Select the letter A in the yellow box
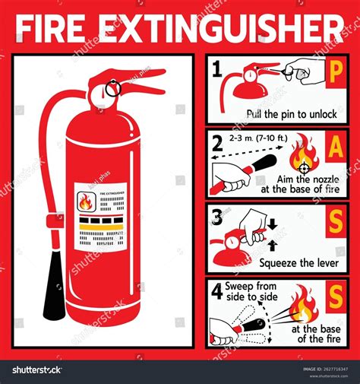pyautogui.click(x=336, y=148)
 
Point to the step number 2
pyautogui.click(x=217, y=142)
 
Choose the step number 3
pyautogui.click(x=217, y=217)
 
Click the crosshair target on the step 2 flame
pyautogui.click(x=305, y=168)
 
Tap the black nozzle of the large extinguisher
pyautogui.click(x=54, y=294)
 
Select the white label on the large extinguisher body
pyautogui.click(x=100, y=217)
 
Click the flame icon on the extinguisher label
pyautogui.click(x=85, y=202)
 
